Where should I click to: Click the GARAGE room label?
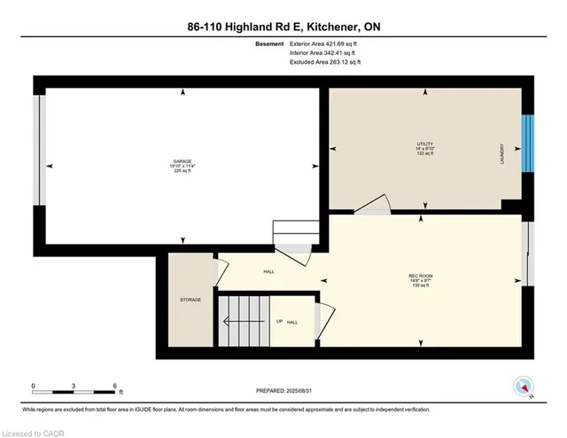click(183, 160)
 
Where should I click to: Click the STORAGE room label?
click(190, 300)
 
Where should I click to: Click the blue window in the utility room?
click(528, 144)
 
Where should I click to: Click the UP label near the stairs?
click(279, 321)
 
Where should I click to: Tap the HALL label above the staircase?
click(268, 272)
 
